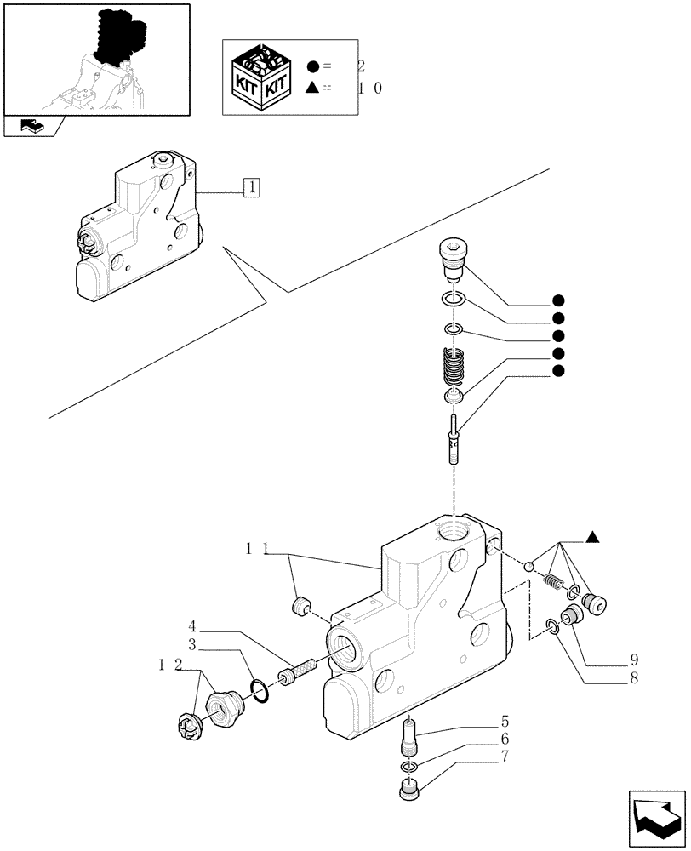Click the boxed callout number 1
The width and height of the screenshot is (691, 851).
pos(253,187)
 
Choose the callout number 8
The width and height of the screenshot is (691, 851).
pos(634,679)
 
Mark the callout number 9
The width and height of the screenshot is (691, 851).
pos(634,660)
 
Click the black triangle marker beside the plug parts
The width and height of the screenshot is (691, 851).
pos(593,537)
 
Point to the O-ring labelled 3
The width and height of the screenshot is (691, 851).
pos(261,691)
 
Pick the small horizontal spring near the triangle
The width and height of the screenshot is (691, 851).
pos(552,583)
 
